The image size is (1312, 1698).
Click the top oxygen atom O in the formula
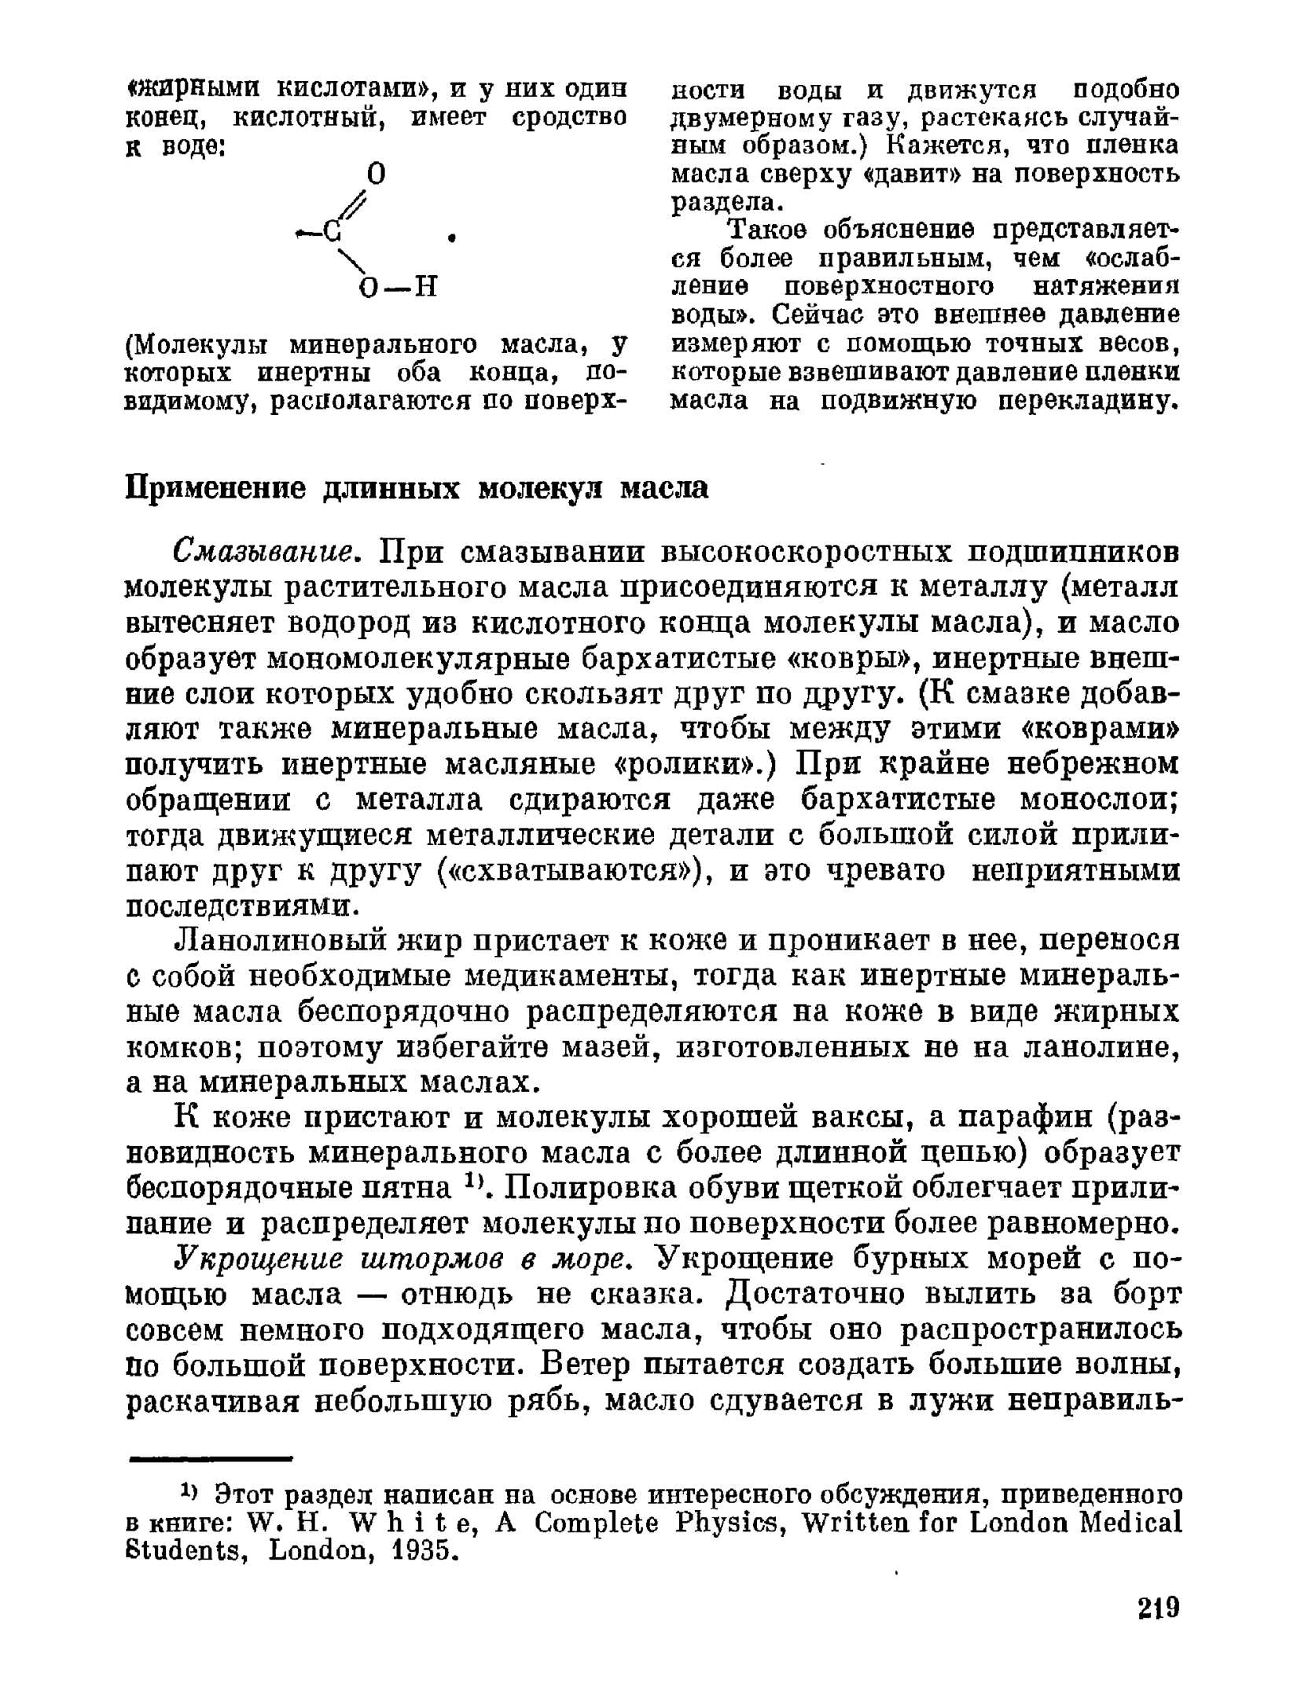[377, 173]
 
